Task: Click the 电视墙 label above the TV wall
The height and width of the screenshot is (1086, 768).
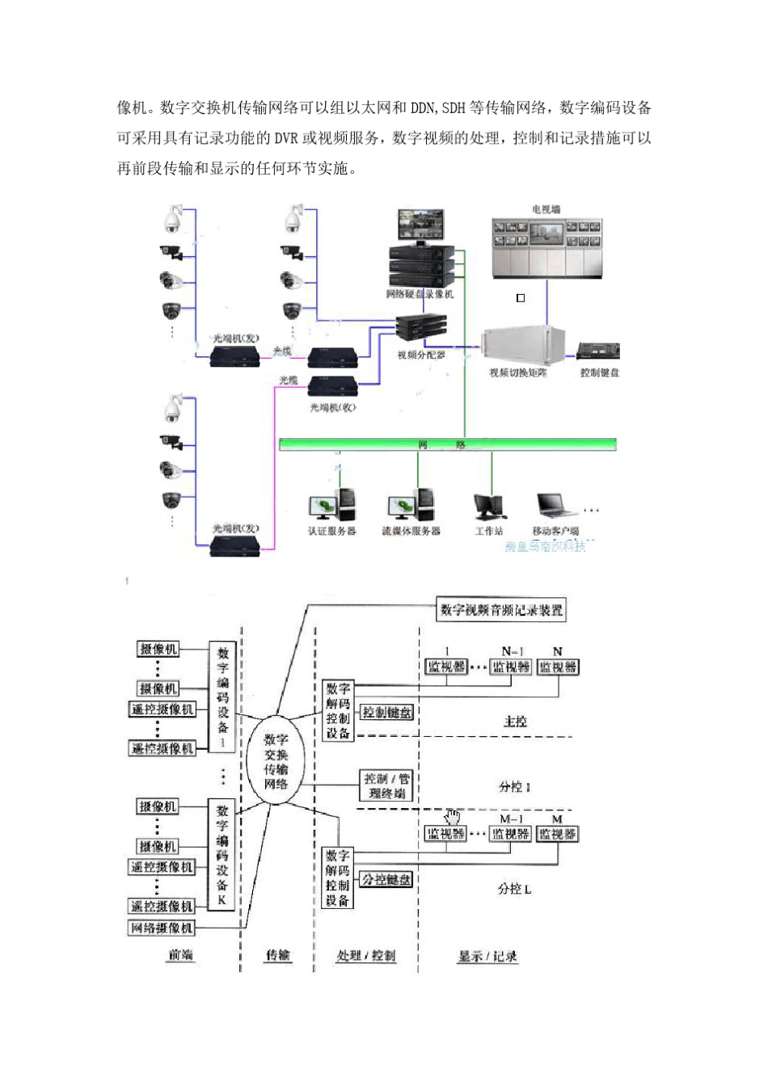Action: (x=546, y=209)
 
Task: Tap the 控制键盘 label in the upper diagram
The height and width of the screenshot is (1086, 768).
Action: (x=599, y=373)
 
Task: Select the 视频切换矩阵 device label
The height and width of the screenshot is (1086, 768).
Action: (x=517, y=373)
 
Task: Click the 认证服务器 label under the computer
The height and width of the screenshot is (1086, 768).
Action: (x=331, y=531)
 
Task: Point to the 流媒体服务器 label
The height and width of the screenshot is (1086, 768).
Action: (x=411, y=531)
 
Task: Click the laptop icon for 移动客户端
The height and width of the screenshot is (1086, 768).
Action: (x=555, y=505)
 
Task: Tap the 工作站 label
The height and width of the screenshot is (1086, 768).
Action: (x=488, y=531)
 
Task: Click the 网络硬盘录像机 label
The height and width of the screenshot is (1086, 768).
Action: (x=420, y=294)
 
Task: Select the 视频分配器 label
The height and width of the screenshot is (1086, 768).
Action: (x=420, y=355)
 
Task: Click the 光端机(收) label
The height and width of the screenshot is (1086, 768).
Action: (x=332, y=408)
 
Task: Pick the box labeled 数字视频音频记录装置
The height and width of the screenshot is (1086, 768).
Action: (x=500, y=610)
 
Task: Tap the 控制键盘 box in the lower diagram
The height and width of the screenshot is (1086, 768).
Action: (x=387, y=713)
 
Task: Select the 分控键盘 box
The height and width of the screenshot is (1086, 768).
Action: (x=386, y=879)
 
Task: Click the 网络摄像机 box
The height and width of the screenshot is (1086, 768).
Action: (x=162, y=928)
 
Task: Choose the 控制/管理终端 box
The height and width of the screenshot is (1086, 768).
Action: (x=386, y=785)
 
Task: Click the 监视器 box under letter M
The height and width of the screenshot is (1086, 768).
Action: (x=558, y=834)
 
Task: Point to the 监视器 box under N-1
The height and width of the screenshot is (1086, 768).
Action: (x=511, y=667)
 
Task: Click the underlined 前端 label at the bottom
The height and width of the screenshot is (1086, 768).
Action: (x=180, y=955)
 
